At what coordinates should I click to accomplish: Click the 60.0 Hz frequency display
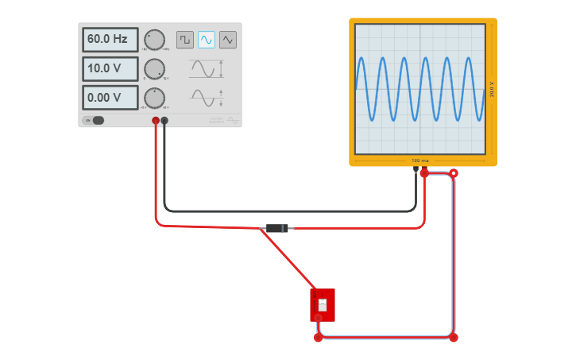click(110, 40)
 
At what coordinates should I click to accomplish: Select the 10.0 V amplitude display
click(110, 69)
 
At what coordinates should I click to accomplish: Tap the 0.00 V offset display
click(110, 98)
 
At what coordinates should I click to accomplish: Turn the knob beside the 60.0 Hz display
click(154, 40)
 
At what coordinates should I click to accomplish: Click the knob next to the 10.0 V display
click(154, 69)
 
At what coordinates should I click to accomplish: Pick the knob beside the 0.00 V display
click(154, 98)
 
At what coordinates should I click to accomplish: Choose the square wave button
click(185, 39)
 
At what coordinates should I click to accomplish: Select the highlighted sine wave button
click(207, 39)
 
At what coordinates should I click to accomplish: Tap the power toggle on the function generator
click(95, 121)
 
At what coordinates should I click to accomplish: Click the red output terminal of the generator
click(156, 121)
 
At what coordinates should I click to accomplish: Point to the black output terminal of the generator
click(164, 121)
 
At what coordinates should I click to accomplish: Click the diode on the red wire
click(276, 229)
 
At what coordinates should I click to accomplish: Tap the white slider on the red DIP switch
click(323, 304)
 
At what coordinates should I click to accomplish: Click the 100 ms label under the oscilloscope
click(419, 161)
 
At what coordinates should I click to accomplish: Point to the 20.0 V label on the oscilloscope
click(493, 89)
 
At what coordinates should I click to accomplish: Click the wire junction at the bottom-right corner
click(454, 338)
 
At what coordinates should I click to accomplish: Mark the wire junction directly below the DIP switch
click(319, 338)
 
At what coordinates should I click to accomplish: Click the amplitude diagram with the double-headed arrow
click(207, 69)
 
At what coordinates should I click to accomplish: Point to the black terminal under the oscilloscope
click(416, 169)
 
